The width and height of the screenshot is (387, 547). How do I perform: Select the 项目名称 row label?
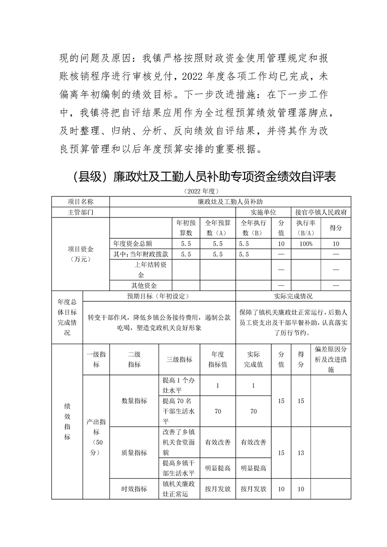tap(81, 201)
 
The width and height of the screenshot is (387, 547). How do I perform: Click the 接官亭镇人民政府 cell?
tap(321, 213)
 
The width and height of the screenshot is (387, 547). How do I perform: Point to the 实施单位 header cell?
tap(264, 213)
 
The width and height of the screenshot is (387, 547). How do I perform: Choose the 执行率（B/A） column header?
tap(306, 227)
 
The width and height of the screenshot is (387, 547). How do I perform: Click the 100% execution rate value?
tap(306, 243)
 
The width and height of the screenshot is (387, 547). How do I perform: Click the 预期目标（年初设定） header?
tap(159, 296)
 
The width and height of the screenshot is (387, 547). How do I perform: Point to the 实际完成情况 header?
tap(293, 296)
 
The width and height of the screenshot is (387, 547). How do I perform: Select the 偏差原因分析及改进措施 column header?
tap(331, 359)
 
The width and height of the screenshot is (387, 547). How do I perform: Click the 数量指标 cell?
tap(134, 401)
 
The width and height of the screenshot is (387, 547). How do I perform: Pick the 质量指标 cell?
tap(134, 452)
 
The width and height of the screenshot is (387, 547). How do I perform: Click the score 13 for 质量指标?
tap(301, 452)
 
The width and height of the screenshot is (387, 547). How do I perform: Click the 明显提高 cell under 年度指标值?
tap(218, 468)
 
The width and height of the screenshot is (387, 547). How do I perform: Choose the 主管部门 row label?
tap(81, 213)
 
